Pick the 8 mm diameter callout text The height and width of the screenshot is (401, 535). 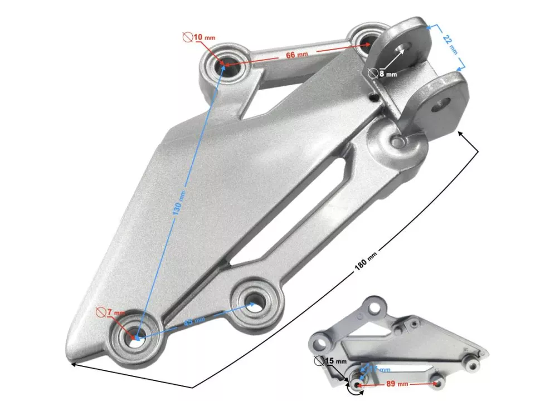tap(387, 73)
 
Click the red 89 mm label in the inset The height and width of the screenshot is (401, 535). tap(396, 384)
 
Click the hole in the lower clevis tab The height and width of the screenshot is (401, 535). tap(445, 103)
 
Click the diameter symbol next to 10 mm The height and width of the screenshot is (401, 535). tap(187, 37)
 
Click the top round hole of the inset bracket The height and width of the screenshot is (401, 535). tap(376, 306)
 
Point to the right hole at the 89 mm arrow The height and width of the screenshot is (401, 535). tap(439, 383)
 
